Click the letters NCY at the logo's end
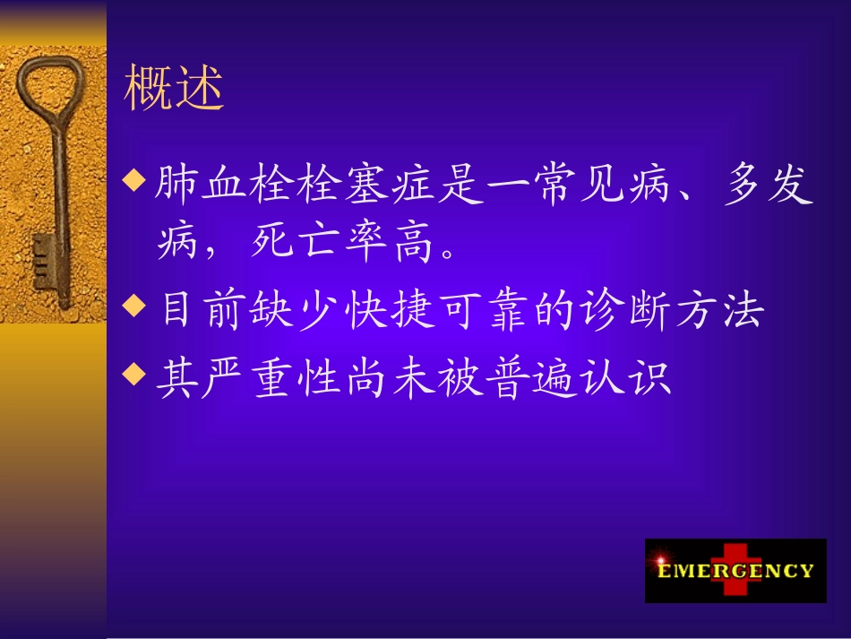(x=794, y=571)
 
